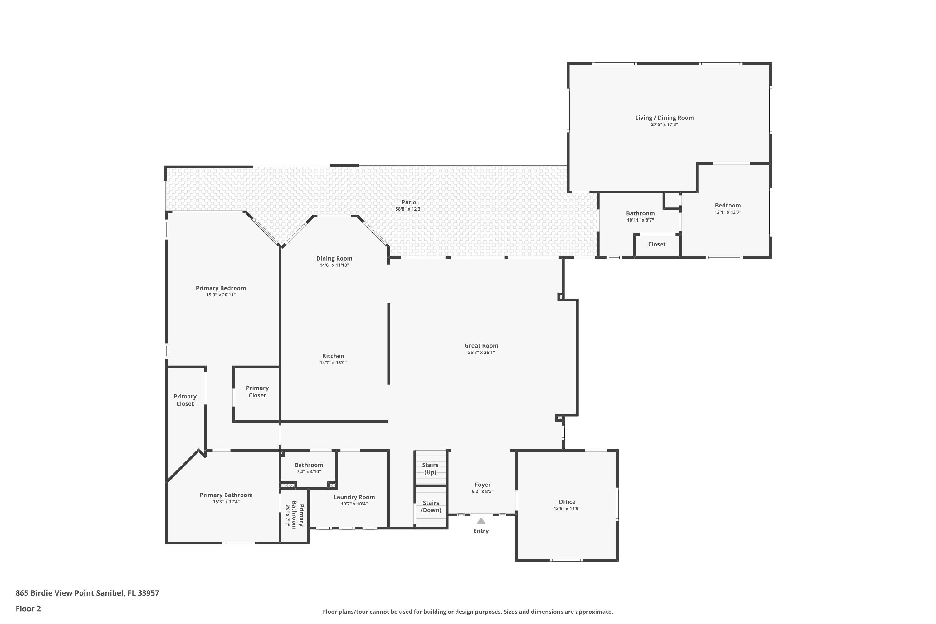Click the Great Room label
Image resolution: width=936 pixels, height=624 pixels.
pos(481,346)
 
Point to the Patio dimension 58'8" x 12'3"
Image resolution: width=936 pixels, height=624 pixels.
pos(409,209)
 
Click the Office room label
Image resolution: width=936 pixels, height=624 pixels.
pos(567,502)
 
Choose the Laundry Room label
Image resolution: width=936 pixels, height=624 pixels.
pos(354,497)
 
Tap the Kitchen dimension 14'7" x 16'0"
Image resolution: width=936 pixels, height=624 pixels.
pos(333,363)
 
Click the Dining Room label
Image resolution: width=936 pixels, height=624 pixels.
pos(334,259)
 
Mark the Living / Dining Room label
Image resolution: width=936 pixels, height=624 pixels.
pos(664,118)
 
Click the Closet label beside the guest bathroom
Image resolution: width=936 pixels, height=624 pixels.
pos(657,244)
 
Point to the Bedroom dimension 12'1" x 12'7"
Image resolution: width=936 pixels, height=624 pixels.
pos(728,212)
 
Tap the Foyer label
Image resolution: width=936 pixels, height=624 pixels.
pos(483,485)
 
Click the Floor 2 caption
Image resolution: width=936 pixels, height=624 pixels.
pos(28,608)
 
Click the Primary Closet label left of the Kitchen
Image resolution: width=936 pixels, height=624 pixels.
pos(257,392)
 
